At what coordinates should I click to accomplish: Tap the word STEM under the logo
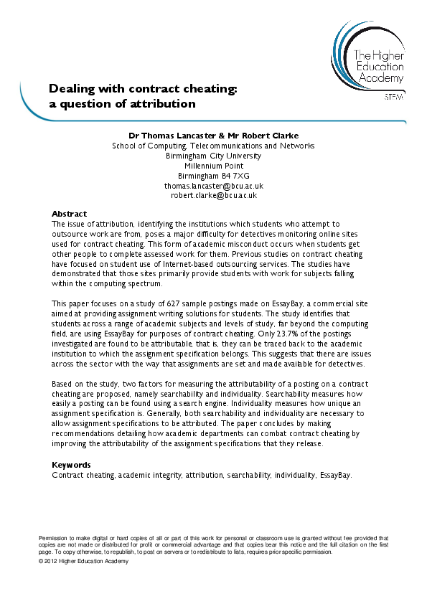coord(394,96)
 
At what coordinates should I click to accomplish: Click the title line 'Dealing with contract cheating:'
coord(143,89)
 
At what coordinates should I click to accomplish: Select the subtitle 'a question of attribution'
coord(122,103)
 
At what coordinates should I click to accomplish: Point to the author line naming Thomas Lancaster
coord(213,135)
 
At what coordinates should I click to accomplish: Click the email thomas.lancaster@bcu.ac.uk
coord(213,185)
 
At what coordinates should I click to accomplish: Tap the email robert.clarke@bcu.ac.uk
coord(213,195)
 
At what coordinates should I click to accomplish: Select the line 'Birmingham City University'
coord(213,155)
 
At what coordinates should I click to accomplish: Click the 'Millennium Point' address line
coord(213,165)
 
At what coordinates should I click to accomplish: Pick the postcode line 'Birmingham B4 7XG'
coord(213,175)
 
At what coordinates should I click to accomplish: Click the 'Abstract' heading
coord(69,214)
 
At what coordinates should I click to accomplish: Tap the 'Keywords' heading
coord(71,465)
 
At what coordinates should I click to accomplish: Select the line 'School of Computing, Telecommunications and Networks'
coord(213,145)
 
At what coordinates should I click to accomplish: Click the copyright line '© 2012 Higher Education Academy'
coord(83,561)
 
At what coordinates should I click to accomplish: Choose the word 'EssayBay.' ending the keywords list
coord(334,475)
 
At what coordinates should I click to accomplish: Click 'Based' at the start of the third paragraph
coord(62,384)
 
